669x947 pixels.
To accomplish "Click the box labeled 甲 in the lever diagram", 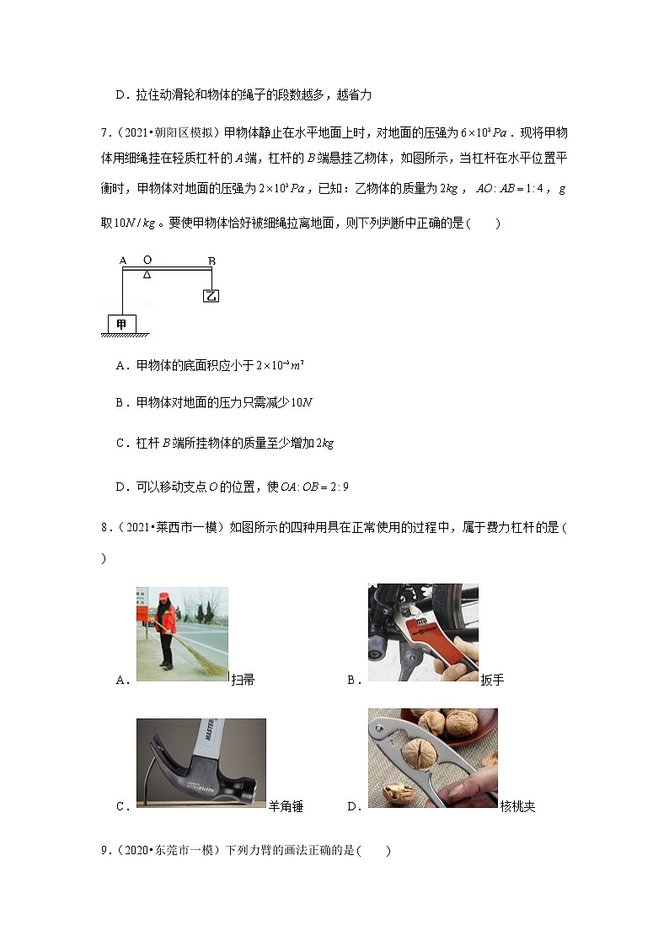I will (x=121, y=324).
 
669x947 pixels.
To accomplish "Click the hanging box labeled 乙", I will (x=211, y=295).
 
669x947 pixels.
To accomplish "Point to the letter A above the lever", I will (x=123, y=261).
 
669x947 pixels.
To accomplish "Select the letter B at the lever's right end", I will (x=211, y=261).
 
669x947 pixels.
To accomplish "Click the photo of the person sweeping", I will (x=182, y=632).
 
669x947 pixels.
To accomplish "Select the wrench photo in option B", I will (x=422, y=632).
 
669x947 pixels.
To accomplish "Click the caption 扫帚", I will (x=243, y=680).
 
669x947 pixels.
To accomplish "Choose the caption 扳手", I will (x=492, y=680).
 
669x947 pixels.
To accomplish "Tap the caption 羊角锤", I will (x=286, y=806).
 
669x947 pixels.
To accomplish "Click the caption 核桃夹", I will (x=517, y=806).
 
